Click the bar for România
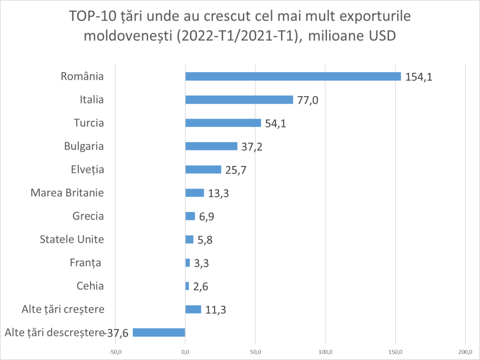point(293,76)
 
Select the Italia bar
point(239,100)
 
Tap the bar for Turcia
point(223,123)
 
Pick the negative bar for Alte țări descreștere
point(159,332)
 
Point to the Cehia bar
point(187,286)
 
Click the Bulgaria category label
point(84,146)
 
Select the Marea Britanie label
point(67,193)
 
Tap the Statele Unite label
point(72,239)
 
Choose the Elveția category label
point(88,169)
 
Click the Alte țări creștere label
point(63,309)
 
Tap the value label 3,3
point(201,263)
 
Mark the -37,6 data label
point(118,333)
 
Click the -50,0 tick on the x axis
point(115,352)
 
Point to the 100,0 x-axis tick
point(325,352)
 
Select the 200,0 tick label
point(465,352)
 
